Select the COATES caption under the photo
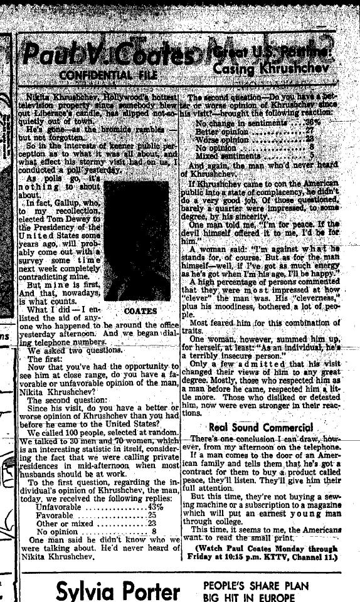[x=140, y=311]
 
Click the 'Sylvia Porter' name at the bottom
[x=118, y=589]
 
